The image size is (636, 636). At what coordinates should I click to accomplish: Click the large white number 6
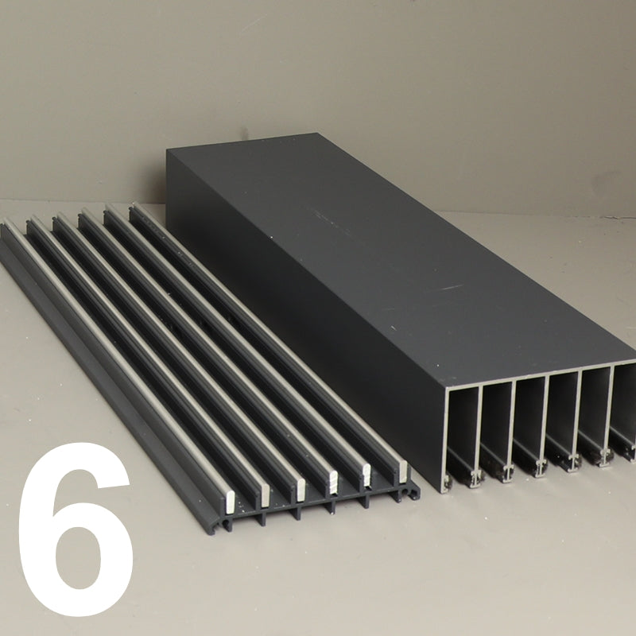point(75,528)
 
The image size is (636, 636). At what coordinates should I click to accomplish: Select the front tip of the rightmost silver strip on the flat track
point(402,471)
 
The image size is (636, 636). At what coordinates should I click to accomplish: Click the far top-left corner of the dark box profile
point(167,149)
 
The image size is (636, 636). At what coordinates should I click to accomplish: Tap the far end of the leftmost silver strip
point(7,221)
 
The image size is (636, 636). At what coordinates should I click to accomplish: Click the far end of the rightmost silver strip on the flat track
point(134,207)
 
